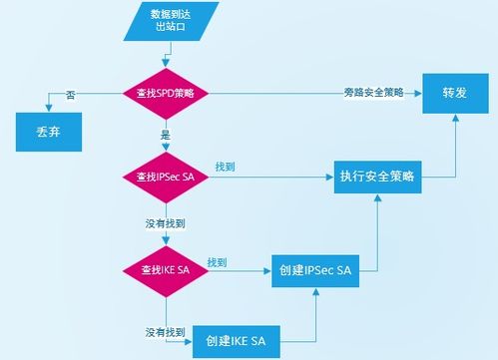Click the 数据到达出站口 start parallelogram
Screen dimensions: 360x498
click(x=166, y=22)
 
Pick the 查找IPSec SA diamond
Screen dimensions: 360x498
click(x=165, y=177)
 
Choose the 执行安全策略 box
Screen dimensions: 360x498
click(x=376, y=177)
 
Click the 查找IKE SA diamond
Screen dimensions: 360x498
click(x=165, y=269)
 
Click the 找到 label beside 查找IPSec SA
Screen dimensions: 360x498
click(x=225, y=166)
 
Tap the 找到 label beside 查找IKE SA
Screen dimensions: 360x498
click(x=217, y=261)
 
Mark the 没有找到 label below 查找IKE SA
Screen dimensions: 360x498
click(x=164, y=330)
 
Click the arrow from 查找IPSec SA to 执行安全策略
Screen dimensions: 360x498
click(x=269, y=177)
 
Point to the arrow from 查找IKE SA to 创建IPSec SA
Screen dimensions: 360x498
click(x=240, y=269)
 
